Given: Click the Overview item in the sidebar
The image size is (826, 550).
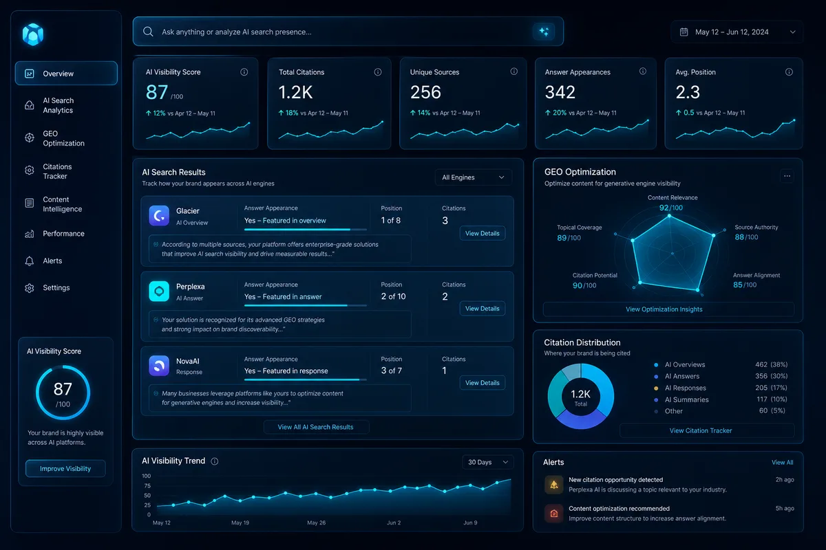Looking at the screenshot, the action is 66,74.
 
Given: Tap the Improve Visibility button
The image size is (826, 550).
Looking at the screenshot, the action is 65,468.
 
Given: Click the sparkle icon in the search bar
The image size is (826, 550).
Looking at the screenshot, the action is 544,32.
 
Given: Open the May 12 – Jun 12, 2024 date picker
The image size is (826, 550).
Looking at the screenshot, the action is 737,32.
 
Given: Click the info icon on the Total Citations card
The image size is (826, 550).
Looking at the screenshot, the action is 378,71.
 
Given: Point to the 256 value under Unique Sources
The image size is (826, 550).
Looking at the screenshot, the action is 425,92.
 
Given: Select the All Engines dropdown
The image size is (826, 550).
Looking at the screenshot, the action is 473,177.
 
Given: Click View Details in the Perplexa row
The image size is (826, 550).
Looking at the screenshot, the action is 482,308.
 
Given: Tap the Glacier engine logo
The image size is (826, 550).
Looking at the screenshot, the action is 159,215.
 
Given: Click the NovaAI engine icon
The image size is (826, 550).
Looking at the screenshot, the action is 159,366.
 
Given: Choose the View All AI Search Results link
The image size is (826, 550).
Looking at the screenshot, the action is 316,426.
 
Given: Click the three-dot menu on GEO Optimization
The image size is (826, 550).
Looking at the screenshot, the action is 787,176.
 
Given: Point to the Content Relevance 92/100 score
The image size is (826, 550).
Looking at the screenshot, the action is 671,208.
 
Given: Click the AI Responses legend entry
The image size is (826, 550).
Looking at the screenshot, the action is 685,388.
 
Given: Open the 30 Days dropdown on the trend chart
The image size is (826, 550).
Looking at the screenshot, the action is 487,462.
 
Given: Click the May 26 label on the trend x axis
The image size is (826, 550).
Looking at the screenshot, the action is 316,522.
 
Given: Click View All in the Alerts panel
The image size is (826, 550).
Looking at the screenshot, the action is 782,462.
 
